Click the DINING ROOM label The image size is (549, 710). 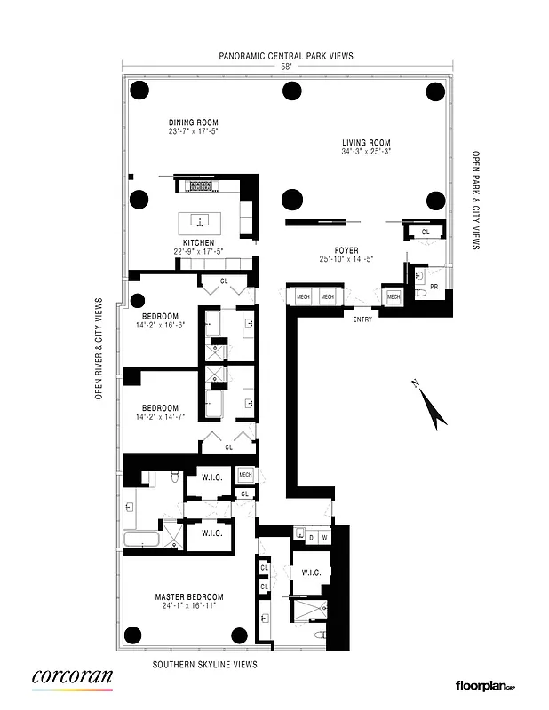(193, 122)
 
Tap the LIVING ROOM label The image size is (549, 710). (367, 142)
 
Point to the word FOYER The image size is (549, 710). (346, 250)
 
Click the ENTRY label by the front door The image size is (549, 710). (362, 319)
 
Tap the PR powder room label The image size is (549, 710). (434, 288)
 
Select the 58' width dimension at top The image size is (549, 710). (285, 67)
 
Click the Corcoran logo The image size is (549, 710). (72, 679)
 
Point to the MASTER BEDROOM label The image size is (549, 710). (188, 596)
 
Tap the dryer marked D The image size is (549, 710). (300, 537)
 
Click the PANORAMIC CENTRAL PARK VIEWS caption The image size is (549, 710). (286, 55)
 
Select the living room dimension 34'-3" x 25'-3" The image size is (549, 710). (367, 152)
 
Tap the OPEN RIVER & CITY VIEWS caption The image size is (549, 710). (101, 350)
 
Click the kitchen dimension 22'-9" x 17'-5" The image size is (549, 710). (198, 251)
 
